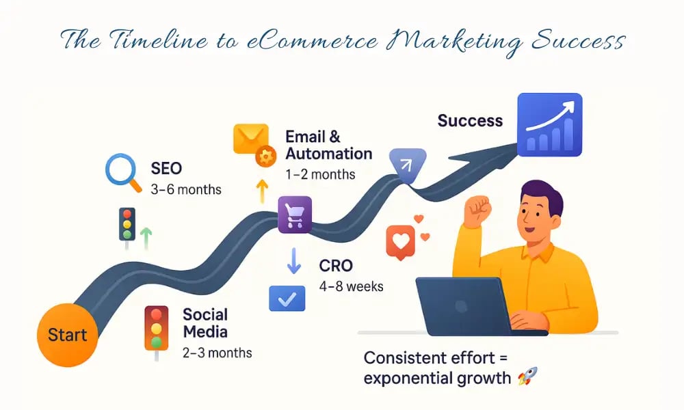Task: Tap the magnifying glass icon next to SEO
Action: coord(122,172)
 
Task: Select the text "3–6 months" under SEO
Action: coord(186,189)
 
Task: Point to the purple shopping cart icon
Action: coord(295,215)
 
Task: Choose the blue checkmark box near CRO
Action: coord(287,298)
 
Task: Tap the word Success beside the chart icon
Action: coord(470,121)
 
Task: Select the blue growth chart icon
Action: coord(549,122)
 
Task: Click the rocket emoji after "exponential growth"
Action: coord(527,377)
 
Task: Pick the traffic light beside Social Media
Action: coord(157,328)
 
